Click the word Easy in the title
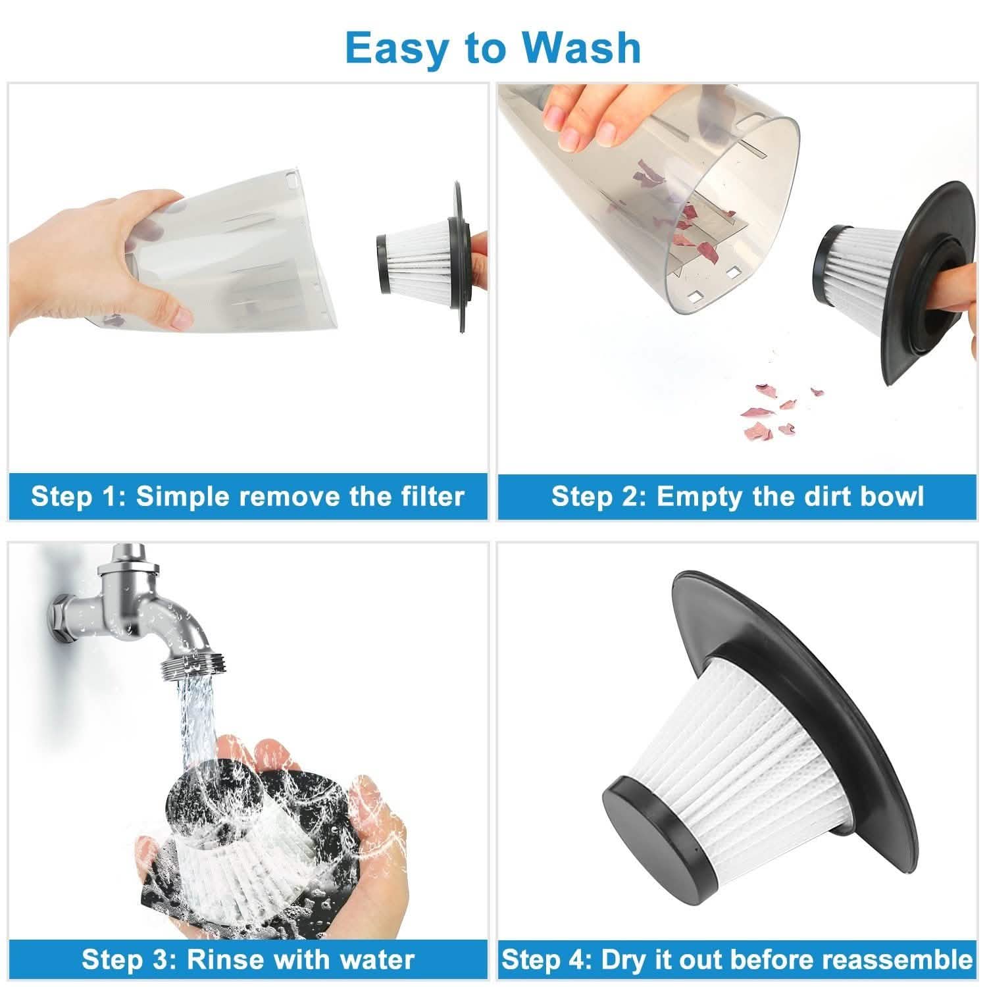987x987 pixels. pos(393,47)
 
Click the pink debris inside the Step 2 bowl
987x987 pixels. pos(691,217)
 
